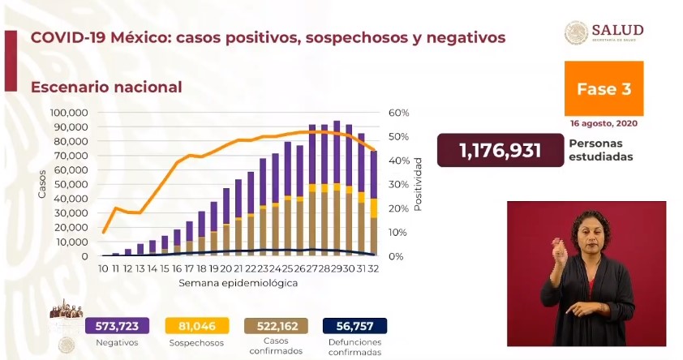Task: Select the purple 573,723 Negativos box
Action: coord(116,325)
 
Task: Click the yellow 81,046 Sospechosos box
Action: coord(195,325)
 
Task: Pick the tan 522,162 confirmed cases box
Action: coord(275,325)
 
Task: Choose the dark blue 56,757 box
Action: coord(354,325)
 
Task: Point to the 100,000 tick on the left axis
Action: coord(69,113)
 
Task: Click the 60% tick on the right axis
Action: coord(400,113)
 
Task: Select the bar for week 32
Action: coord(374,203)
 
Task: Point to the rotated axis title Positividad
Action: coord(419,185)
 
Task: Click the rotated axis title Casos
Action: coord(41,185)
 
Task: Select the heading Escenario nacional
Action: coord(105,87)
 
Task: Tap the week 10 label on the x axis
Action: coord(104,269)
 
